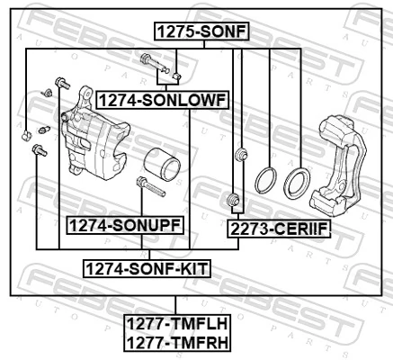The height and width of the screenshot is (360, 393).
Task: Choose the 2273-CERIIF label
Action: tap(280, 229)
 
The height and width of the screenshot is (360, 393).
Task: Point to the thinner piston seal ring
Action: tap(264, 179)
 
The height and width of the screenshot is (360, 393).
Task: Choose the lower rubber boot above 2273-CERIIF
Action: tap(233, 197)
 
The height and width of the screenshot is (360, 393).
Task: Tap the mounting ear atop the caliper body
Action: tap(87, 97)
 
